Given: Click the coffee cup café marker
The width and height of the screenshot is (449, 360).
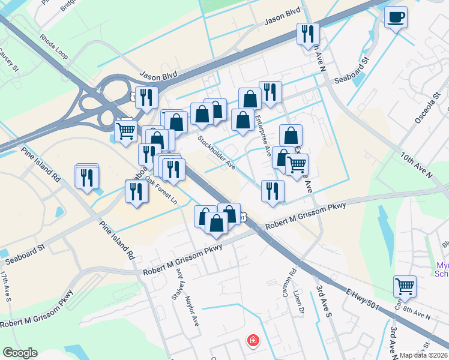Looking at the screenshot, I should [x=396, y=17].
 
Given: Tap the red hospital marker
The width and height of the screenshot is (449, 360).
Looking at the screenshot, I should [x=253, y=341].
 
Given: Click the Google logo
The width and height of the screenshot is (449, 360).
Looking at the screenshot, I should [x=20, y=353].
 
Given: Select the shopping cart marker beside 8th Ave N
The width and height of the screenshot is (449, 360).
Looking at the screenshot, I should [x=405, y=287].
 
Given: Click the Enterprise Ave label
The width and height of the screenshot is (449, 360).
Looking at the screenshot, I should [x=264, y=135].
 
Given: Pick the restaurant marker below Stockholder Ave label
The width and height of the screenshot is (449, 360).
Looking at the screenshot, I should [x=273, y=191].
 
